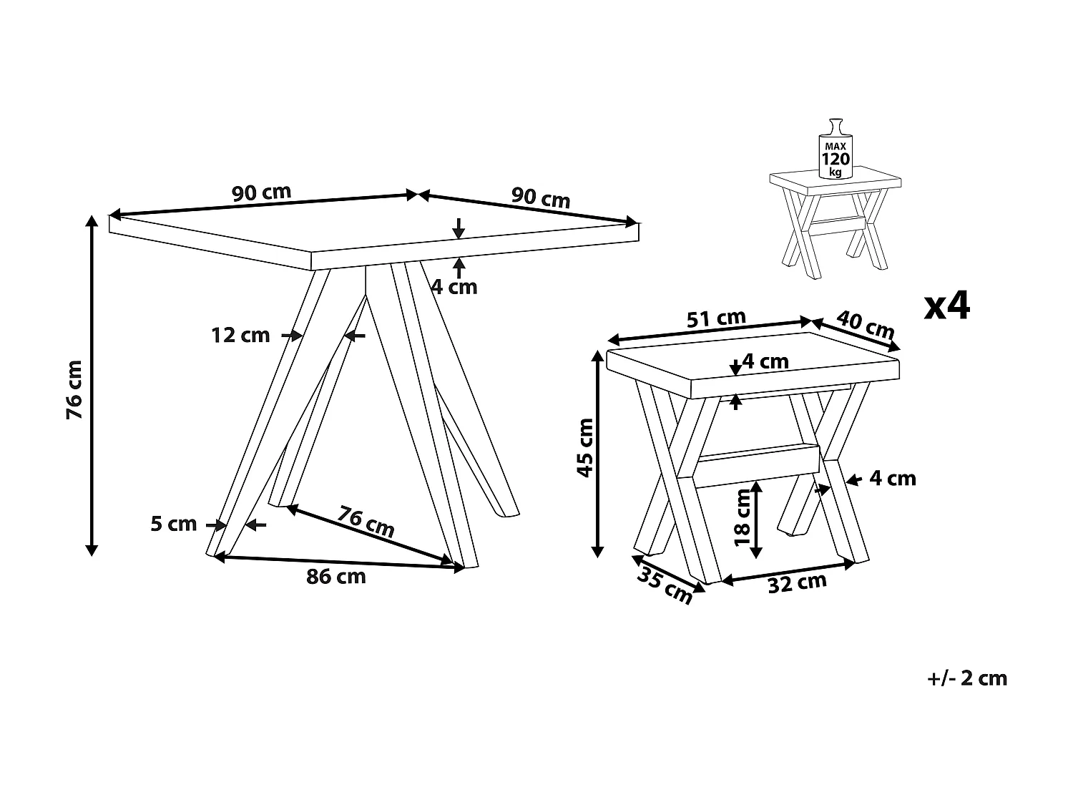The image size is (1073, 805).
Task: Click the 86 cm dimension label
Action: coord(335,577)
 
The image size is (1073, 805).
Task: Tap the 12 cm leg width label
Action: coord(240,334)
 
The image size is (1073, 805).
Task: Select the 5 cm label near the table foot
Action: coord(173,525)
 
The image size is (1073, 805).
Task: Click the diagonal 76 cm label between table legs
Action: coord(366,522)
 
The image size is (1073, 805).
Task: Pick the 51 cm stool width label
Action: coord(716,318)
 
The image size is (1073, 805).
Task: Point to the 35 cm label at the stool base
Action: coord(665,585)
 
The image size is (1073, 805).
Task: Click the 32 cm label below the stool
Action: coord(797,583)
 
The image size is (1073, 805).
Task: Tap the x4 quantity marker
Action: coord(947,306)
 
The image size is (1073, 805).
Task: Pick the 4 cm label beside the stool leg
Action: coord(893,478)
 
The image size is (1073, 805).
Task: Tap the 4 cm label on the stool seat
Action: coord(765,362)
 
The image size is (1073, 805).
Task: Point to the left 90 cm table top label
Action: coord(261,192)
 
